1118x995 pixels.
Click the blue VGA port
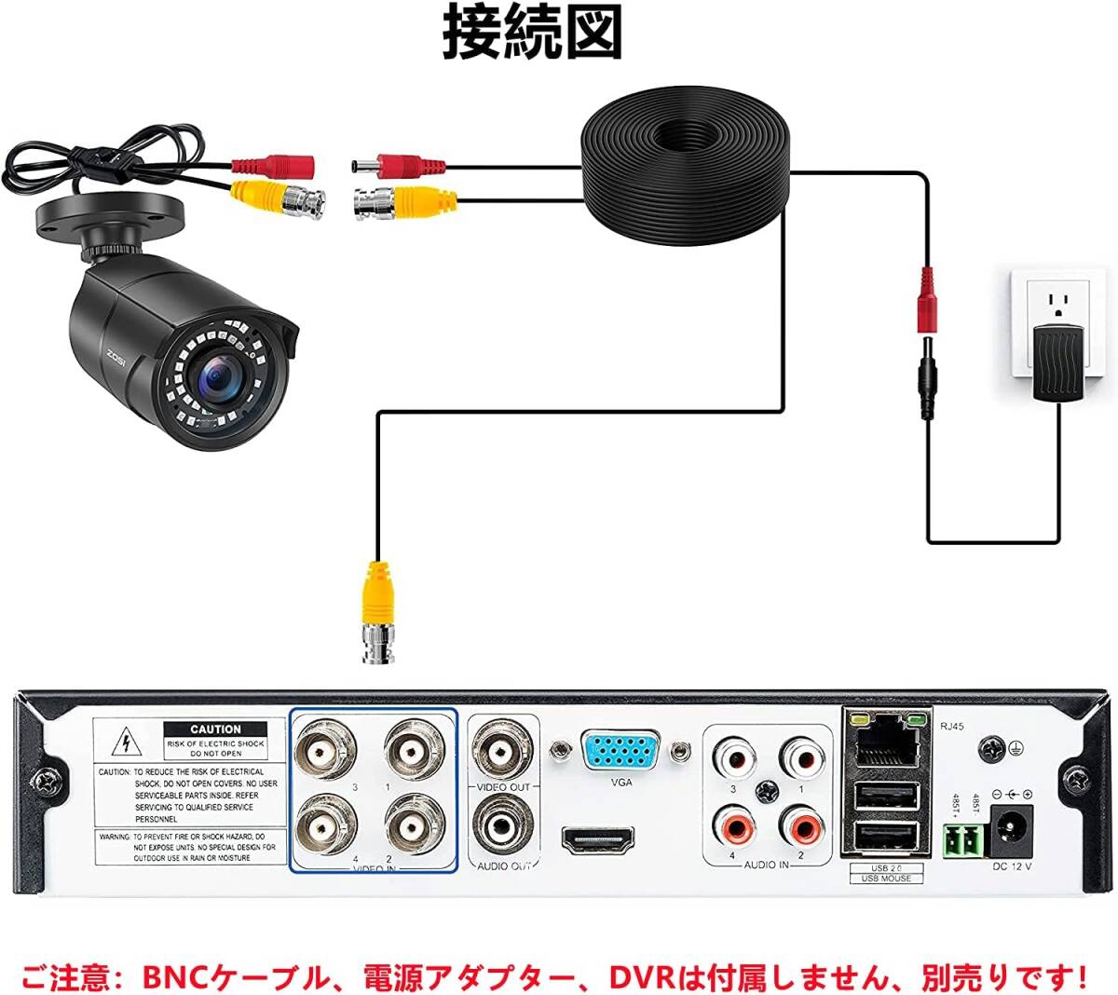click(x=621, y=751)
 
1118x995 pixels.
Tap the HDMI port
click(x=597, y=840)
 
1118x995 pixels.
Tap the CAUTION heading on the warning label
click(x=215, y=729)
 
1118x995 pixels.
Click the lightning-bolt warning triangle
click(x=122, y=743)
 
